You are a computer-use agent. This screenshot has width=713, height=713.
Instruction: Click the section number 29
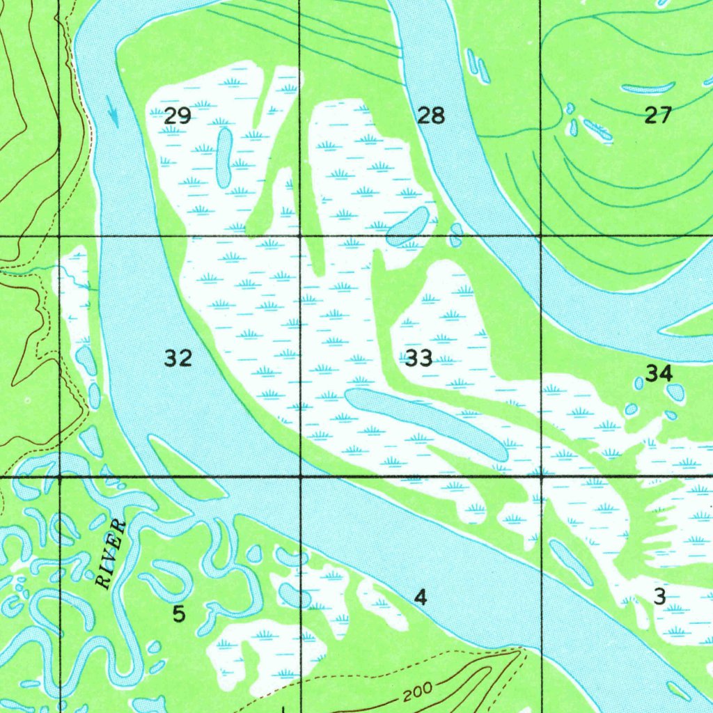(178, 116)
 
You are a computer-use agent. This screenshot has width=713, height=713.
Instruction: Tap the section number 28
(431, 116)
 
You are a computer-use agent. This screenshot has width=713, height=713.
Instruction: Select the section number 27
(657, 116)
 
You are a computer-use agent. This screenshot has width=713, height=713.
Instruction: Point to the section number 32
(178, 359)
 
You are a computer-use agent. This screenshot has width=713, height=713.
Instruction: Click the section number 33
(418, 359)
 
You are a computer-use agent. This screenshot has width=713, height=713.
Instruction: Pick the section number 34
(659, 374)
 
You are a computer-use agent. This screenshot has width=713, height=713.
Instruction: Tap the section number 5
(180, 614)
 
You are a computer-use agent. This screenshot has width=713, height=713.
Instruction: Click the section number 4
(420, 597)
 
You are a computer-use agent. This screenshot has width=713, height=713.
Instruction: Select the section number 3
(660, 596)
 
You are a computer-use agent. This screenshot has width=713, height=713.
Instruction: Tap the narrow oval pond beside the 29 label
(224, 158)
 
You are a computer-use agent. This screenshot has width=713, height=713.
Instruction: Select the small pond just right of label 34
(675, 392)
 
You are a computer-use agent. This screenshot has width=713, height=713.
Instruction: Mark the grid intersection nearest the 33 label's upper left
(300, 237)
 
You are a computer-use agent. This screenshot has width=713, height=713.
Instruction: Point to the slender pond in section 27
(648, 88)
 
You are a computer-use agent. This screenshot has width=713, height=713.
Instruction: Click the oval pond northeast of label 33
(408, 226)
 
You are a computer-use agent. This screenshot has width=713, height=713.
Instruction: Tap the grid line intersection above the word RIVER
(60, 478)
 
